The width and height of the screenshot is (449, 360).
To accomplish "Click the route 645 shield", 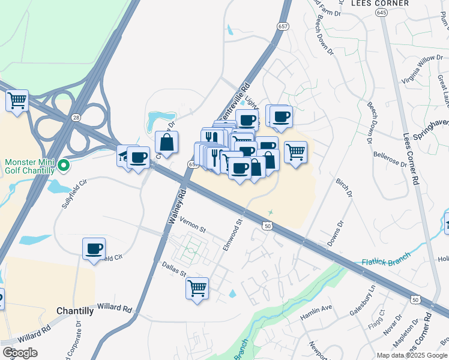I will click(382, 13).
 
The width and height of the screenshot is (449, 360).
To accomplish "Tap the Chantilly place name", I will click(75, 311).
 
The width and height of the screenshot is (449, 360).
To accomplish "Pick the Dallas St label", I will click(174, 268).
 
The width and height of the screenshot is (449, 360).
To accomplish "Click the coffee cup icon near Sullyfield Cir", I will click(94, 248).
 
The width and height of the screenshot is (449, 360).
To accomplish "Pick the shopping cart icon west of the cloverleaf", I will click(17, 100).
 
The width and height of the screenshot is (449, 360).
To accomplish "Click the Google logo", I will click(20, 353).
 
